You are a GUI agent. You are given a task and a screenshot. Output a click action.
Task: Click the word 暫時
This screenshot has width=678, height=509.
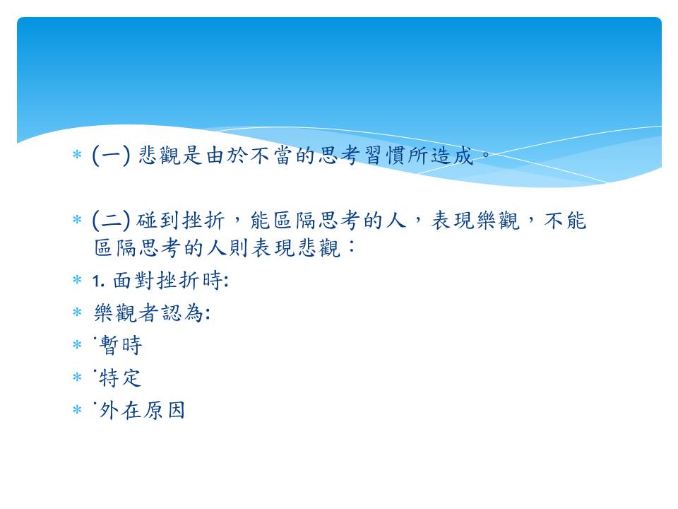click(x=121, y=346)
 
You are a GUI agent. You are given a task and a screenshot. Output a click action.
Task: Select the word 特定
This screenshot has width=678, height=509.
click(x=120, y=378)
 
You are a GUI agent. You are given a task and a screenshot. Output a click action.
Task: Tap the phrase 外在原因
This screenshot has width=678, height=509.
click(x=142, y=410)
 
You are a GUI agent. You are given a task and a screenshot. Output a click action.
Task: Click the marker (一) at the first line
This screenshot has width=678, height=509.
click(x=111, y=155)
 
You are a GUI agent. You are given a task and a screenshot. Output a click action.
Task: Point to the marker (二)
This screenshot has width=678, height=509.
click(x=111, y=220)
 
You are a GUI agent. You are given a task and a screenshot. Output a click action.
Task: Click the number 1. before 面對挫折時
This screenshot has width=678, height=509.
click(x=98, y=281)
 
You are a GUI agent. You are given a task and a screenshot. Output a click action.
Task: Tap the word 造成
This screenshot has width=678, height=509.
click(x=452, y=155)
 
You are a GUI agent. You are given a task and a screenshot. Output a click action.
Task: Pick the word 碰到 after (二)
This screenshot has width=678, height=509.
click(x=157, y=220)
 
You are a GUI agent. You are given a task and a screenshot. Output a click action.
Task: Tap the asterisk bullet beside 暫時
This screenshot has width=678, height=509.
click(x=77, y=344)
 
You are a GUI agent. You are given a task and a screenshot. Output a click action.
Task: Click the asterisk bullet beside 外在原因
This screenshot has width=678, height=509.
click(x=77, y=409)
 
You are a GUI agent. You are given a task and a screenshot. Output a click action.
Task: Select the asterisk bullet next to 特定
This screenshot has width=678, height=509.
click(x=77, y=377)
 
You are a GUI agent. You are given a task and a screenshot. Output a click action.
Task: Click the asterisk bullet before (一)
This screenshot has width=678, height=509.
click(x=77, y=154)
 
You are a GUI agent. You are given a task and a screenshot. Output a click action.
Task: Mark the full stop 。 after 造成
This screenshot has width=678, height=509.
click(x=486, y=153)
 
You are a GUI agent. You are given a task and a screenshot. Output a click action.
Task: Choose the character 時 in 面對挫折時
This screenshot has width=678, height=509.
click(x=213, y=281)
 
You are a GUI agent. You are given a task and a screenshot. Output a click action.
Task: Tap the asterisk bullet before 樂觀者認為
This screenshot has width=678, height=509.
click(x=77, y=312)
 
